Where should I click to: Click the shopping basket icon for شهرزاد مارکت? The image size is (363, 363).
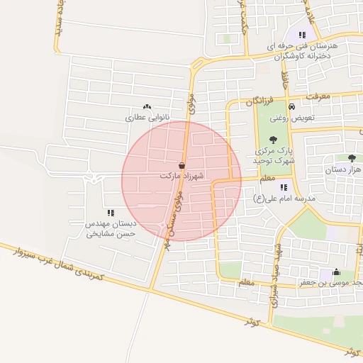point(182,165)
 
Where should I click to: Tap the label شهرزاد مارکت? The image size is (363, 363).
point(181,174)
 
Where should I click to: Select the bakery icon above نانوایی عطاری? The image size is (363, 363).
point(147,107)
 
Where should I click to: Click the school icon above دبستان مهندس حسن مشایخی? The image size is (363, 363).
point(110,212)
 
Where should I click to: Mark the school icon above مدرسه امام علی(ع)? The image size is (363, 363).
point(284,187)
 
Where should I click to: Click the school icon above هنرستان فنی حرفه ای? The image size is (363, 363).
point(302,35)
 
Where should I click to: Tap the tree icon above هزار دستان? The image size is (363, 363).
point(352,158)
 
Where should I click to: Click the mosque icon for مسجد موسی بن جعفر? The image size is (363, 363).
point(335,272)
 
